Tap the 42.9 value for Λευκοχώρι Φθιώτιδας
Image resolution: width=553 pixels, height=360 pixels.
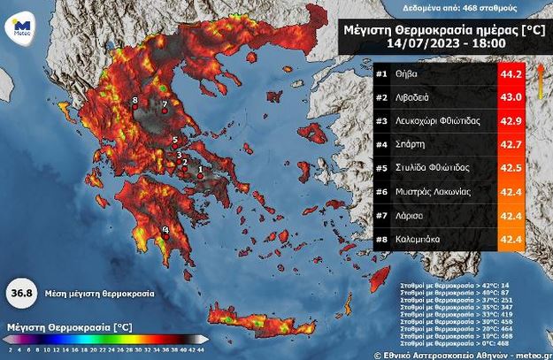(515, 121)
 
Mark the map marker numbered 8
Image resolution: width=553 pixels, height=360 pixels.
(134, 102)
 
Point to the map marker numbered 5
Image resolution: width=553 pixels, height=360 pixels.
(175, 140)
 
